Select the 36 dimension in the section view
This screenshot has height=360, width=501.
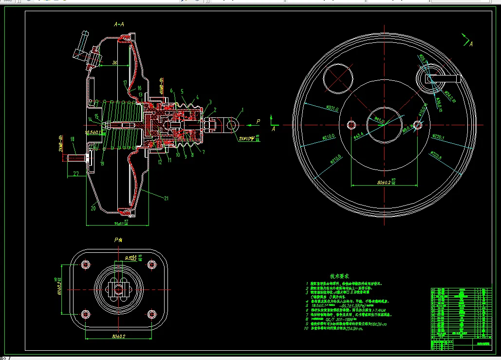coord(114,63)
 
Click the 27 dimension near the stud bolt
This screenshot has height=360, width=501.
coord(76,173)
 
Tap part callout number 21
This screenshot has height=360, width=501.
coord(167,198)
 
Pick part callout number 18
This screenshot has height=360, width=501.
coord(73,139)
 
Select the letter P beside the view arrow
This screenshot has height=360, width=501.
coord(258,121)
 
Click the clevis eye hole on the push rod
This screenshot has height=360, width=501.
coord(233,125)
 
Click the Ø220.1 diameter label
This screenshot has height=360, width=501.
coord(437,138)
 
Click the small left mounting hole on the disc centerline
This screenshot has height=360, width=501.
coord(351,125)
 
